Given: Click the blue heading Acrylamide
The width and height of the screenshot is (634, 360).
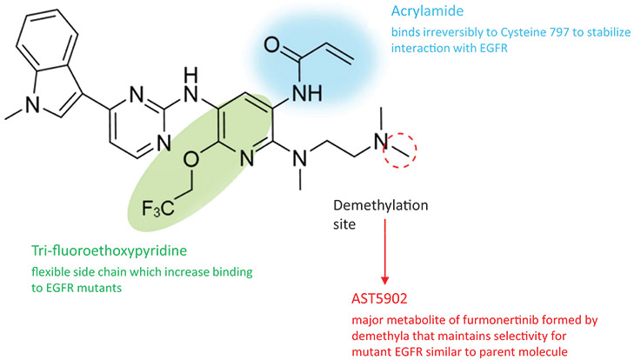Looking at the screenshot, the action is point(427,11).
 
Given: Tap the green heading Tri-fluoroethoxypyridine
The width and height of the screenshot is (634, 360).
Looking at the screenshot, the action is point(110,250).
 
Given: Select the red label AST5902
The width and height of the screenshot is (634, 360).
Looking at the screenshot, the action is point(379,298).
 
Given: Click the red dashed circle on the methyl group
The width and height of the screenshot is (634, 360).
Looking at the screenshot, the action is point(400,150).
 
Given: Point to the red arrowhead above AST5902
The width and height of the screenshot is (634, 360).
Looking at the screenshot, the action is point(385,280).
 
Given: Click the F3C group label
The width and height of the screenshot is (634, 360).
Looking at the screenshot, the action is point(158,209).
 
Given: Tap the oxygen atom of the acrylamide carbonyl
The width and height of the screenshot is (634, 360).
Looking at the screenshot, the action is point(272,45).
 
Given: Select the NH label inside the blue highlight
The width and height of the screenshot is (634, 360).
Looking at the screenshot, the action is point(307,93).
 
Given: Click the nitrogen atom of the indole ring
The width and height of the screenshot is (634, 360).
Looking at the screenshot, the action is point(33,105).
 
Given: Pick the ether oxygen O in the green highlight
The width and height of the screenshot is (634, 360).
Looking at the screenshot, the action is point(190,160).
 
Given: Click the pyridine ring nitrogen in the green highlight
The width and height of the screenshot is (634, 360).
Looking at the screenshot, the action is point(247,158).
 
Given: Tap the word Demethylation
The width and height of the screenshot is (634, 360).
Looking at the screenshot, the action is point(380,205).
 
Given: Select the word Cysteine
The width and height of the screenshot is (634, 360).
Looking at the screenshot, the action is point(527,33).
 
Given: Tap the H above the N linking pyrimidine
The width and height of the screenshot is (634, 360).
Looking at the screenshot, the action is point(190,75).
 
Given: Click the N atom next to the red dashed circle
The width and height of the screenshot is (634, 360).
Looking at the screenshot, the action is point(380,142).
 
